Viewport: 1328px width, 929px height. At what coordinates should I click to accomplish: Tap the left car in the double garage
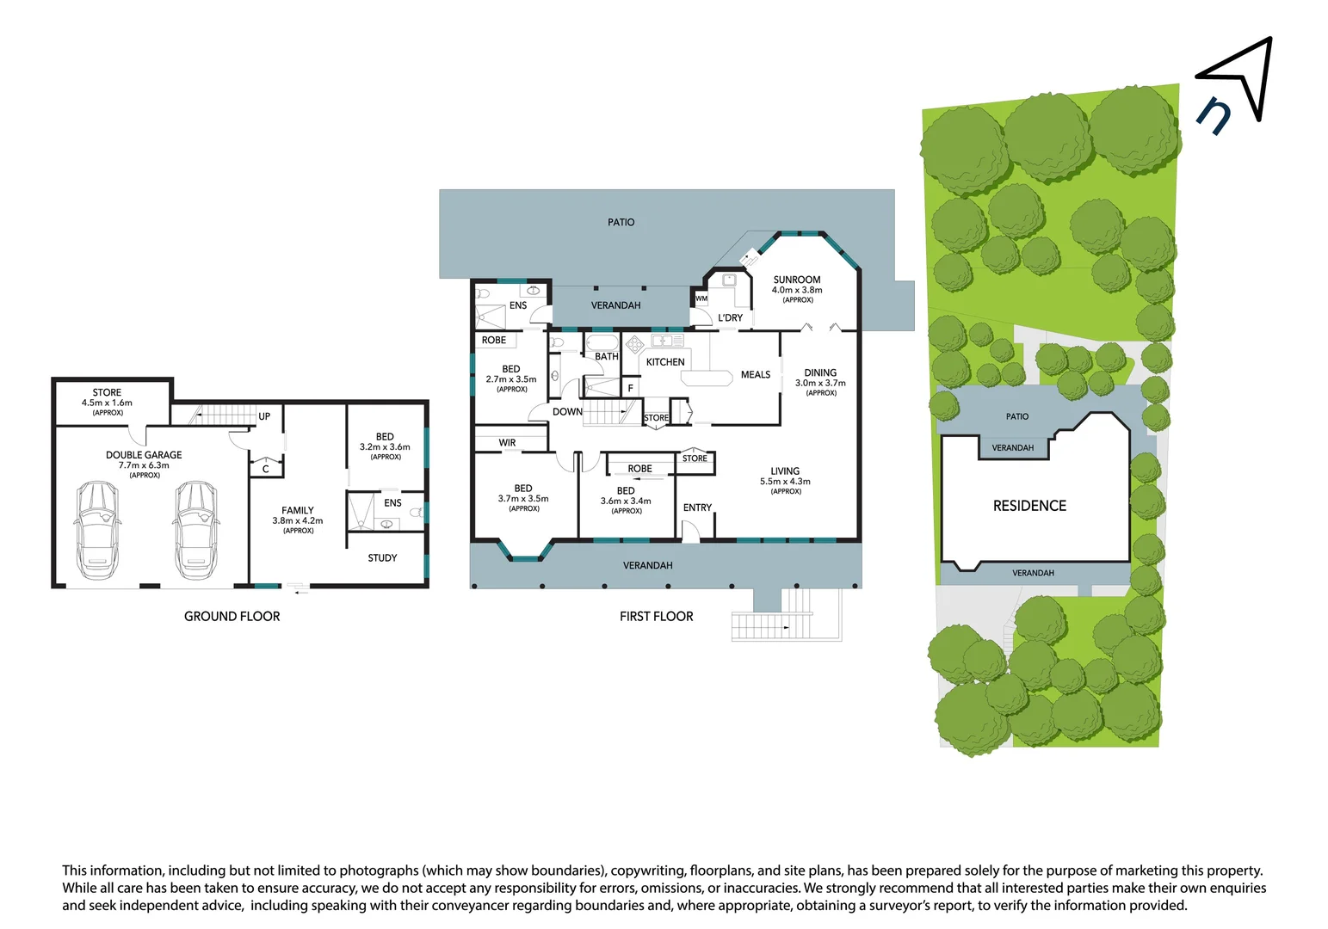click(96, 530)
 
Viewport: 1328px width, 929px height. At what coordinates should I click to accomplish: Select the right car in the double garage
click(196, 530)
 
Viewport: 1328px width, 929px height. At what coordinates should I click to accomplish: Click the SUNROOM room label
click(797, 280)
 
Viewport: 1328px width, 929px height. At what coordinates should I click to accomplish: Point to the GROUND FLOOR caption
click(232, 616)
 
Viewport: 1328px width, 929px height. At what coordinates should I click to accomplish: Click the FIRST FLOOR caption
click(656, 616)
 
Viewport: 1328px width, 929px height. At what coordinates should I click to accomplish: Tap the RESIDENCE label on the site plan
click(1029, 506)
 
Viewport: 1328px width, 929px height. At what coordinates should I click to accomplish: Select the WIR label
click(507, 443)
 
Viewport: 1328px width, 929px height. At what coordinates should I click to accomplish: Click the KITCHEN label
click(665, 362)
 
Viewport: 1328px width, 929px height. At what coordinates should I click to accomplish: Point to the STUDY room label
click(382, 558)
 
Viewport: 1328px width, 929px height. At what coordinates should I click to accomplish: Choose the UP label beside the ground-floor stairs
click(264, 416)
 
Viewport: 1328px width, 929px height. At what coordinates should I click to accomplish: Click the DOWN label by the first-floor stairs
click(567, 412)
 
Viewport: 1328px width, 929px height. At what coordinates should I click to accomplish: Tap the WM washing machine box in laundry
click(701, 298)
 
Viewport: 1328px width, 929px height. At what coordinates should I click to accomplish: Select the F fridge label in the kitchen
click(630, 389)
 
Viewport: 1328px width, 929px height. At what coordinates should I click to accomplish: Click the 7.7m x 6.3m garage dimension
click(144, 465)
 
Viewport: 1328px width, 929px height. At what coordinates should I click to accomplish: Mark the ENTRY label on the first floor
click(697, 508)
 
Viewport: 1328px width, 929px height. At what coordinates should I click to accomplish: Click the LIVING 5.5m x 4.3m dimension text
click(785, 482)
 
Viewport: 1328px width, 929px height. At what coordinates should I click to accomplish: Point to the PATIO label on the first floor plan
click(621, 222)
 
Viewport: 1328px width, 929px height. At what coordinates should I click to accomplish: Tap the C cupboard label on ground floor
click(266, 469)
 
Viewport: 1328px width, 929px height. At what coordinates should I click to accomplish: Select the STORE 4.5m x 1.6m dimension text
click(107, 403)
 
